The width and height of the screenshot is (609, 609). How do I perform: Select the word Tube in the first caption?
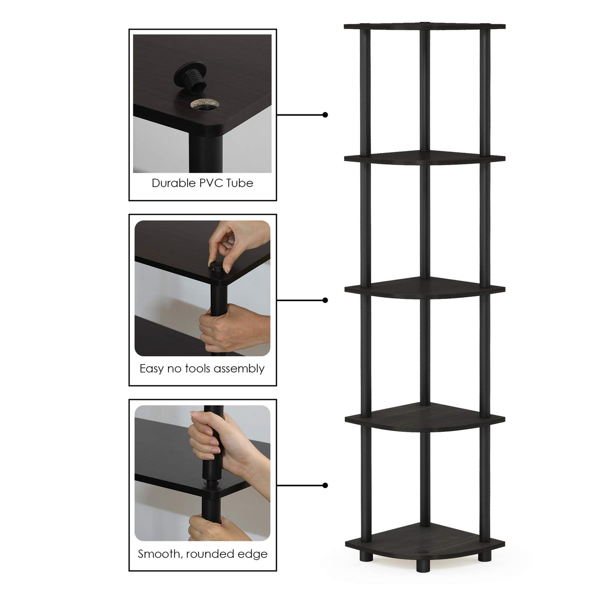pos(240,183)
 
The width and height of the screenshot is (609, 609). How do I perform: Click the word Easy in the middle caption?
pos(151,369)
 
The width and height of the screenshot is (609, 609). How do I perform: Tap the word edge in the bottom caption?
pos(254,554)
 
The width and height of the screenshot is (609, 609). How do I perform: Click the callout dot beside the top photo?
pos(325,115)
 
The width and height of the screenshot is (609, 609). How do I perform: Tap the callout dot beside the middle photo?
pos(325,300)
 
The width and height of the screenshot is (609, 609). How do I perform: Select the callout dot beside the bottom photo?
pos(325,485)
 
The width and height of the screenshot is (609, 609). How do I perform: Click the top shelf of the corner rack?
pos(424,26)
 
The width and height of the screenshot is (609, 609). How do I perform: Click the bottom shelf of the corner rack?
pos(424,539)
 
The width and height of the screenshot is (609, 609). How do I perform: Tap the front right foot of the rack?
pos(485,556)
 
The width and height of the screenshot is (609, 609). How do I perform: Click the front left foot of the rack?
pos(365,556)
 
